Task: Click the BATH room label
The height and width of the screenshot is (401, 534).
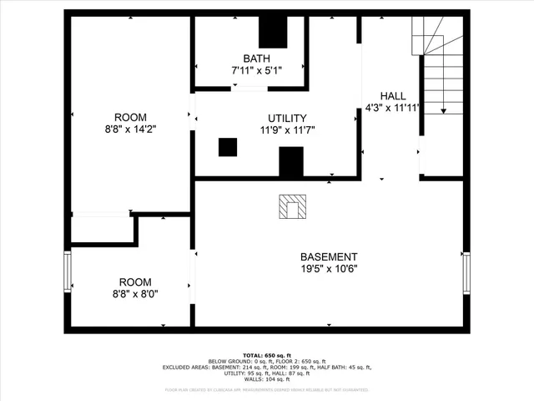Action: (x=257, y=58)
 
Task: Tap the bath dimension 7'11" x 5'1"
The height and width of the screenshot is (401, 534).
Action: (x=257, y=70)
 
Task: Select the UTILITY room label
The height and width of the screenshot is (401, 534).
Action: (x=287, y=118)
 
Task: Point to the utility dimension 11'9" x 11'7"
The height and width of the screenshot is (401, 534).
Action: (x=287, y=129)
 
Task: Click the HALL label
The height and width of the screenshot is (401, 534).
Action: (x=392, y=95)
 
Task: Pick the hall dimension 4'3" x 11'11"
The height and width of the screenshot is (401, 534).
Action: (x=392, y=107)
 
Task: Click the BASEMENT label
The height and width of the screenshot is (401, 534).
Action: (x=329, y=256)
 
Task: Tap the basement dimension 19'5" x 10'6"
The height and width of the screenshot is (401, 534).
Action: (x=329, y=269)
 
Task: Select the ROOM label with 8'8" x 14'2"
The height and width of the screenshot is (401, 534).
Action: (x=130, y=117)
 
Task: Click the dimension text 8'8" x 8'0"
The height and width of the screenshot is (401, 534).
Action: (x=134, y=294)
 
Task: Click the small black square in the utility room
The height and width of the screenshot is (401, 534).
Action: (x=228, y=147)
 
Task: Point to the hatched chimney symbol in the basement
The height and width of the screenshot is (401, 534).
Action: (x=292, y=206)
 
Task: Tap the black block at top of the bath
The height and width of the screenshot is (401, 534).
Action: (x=272, y=32)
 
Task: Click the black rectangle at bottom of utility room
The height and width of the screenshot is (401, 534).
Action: (x=290, y=161)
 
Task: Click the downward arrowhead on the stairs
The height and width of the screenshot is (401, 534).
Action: (x=444, y=109)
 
